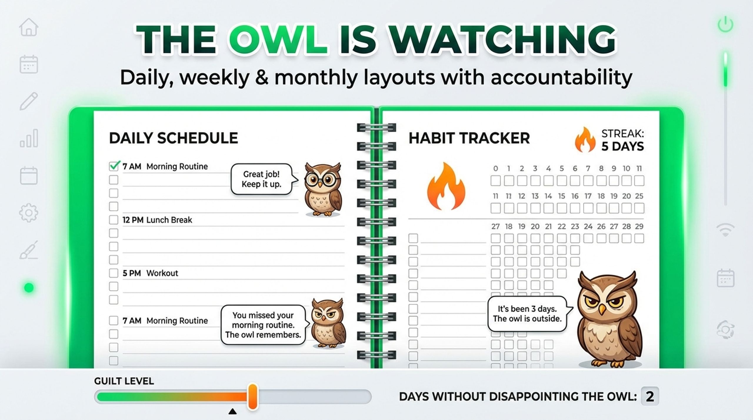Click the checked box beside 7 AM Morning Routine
click(x=114, y=166)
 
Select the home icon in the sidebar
click(x=29, y=27)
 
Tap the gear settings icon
click(x=29, y=212)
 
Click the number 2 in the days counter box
click(x=649, y=396)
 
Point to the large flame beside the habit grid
click(x=446, y=186)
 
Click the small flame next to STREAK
click(x=585, y=140)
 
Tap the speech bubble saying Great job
click(x=261, y=179)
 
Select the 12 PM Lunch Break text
click(x=157, y=220)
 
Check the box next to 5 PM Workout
click(x=114, y=273)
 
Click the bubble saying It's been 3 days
click(x=527, y=314)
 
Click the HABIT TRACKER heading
click(x=469, y=138)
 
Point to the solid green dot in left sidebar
click(x=29, y=288)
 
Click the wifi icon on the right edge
click(x=725, y=229)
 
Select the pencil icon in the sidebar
click(x=29, y=101)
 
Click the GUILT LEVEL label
click(x=124, y=381)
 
